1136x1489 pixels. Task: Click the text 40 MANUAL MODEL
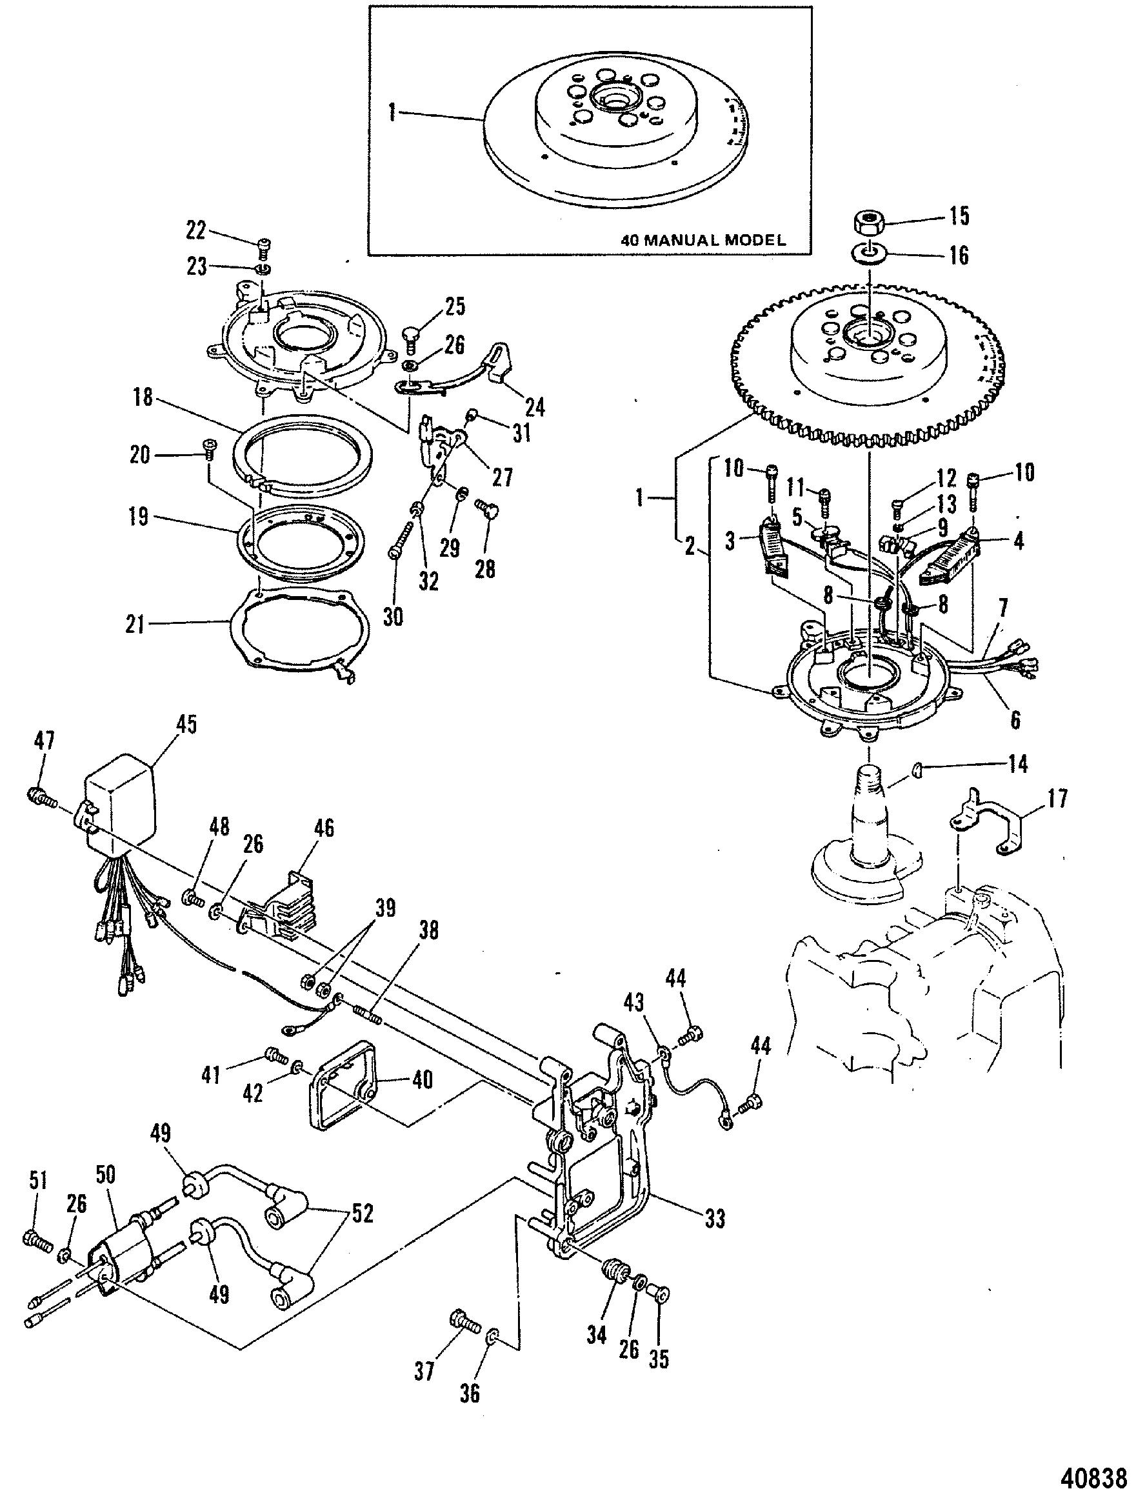pyautogui.click(x=703, y=239)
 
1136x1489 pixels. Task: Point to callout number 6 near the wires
pyautogui.click(x=1015, y=720)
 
